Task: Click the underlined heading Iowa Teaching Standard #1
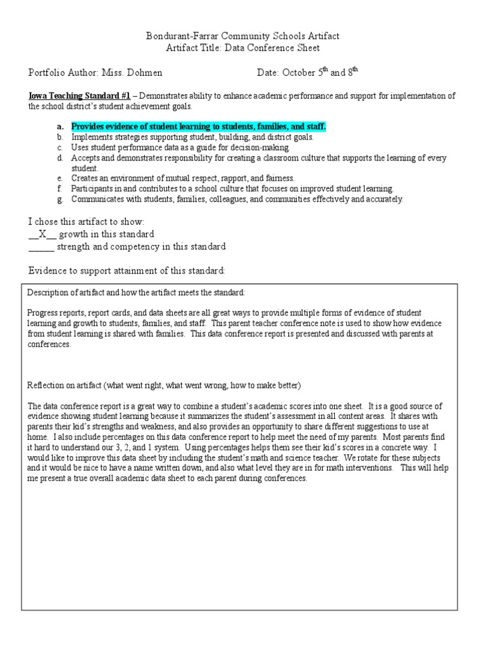(x=79, y=96)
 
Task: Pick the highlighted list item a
(x=199, y=126)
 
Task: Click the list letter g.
(x=59, y=199)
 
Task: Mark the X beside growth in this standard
(x=42, y=234)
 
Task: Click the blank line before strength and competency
(x=41, y=247)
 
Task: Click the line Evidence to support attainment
(x=127, y=270)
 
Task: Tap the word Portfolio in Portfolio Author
(x=47, y=73)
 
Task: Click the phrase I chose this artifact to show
(x=87, y=222)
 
